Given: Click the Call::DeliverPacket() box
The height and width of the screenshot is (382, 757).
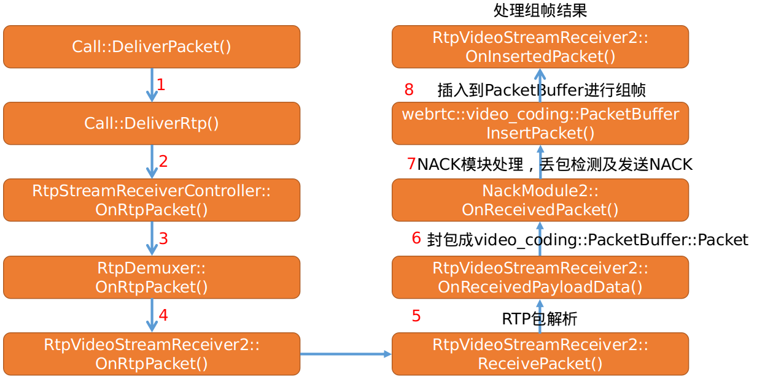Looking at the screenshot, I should (152, 47).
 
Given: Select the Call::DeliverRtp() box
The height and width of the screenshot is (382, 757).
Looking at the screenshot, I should (152, 123).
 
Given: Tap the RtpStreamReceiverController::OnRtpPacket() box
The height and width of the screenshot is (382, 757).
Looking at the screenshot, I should (152, 200).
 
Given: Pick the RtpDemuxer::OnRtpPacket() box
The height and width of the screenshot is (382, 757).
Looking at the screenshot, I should (152, 277).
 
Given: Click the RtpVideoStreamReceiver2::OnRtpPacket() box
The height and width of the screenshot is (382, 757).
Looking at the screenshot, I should (152, 354).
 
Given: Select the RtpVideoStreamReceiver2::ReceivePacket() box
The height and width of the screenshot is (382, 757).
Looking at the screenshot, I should (540, 354).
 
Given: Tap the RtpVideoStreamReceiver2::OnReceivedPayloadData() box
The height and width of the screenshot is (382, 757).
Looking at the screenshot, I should (540, 277).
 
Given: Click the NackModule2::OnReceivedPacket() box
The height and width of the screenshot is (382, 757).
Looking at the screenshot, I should (540, 200).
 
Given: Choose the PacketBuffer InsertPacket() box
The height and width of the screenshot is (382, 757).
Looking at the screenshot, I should (540, 123).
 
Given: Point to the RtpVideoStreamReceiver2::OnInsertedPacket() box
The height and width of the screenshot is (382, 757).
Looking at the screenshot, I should (540, 47).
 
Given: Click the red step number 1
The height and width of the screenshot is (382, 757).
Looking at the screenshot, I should (161, 85).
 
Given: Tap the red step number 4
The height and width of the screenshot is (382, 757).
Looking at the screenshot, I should (163, 315).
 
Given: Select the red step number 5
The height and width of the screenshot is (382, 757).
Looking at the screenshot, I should (416, 316).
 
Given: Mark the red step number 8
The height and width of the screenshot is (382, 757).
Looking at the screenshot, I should (409, 90).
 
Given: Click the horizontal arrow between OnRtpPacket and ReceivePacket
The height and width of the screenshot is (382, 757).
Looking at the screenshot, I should (346, 354).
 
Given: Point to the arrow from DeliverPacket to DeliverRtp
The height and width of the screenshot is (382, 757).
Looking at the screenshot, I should (152, 85).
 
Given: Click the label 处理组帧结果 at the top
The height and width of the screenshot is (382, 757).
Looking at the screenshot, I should (540, 10).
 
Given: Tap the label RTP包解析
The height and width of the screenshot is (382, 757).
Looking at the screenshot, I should (540, 319).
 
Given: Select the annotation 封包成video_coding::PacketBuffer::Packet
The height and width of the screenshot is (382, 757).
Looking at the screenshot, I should (588, 240).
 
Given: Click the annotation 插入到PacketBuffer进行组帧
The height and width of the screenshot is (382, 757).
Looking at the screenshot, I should (542, 91).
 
